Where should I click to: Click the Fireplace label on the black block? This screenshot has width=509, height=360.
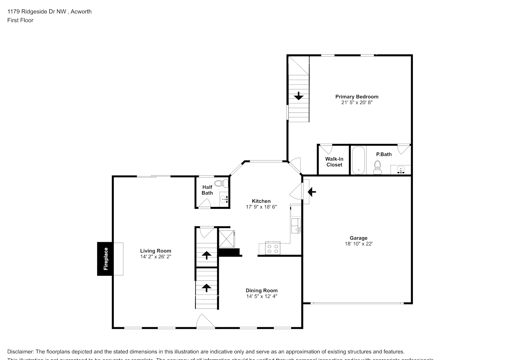pos(106,259)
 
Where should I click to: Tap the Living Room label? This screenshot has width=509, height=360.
pos(156,251)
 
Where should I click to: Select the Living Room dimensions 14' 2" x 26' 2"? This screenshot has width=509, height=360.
pos(156,257)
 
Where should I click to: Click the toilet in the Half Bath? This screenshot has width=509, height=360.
pos(224,183)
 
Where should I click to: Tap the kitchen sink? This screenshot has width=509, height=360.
pos(296,226)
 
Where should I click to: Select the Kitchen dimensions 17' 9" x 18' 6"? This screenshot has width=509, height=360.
pos(261,207)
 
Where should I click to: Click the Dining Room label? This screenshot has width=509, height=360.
pos(261,291)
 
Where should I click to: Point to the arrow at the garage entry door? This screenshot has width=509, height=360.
pos(312,192)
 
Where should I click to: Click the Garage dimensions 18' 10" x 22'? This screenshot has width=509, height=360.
pos(359,244)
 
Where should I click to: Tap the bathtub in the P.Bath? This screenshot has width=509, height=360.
pos(358,160)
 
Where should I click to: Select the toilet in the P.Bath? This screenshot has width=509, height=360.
pos(378,167)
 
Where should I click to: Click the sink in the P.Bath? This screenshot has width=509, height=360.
pos(400,170)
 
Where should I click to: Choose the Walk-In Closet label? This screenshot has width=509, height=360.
pos(334,162)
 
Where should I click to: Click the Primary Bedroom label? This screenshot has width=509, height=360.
pos(357,96)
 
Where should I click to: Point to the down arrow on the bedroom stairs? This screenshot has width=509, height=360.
pos(298,96)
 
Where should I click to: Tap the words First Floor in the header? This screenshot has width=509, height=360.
pos(20,20)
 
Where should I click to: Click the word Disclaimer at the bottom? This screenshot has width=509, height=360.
pos(21,352)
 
